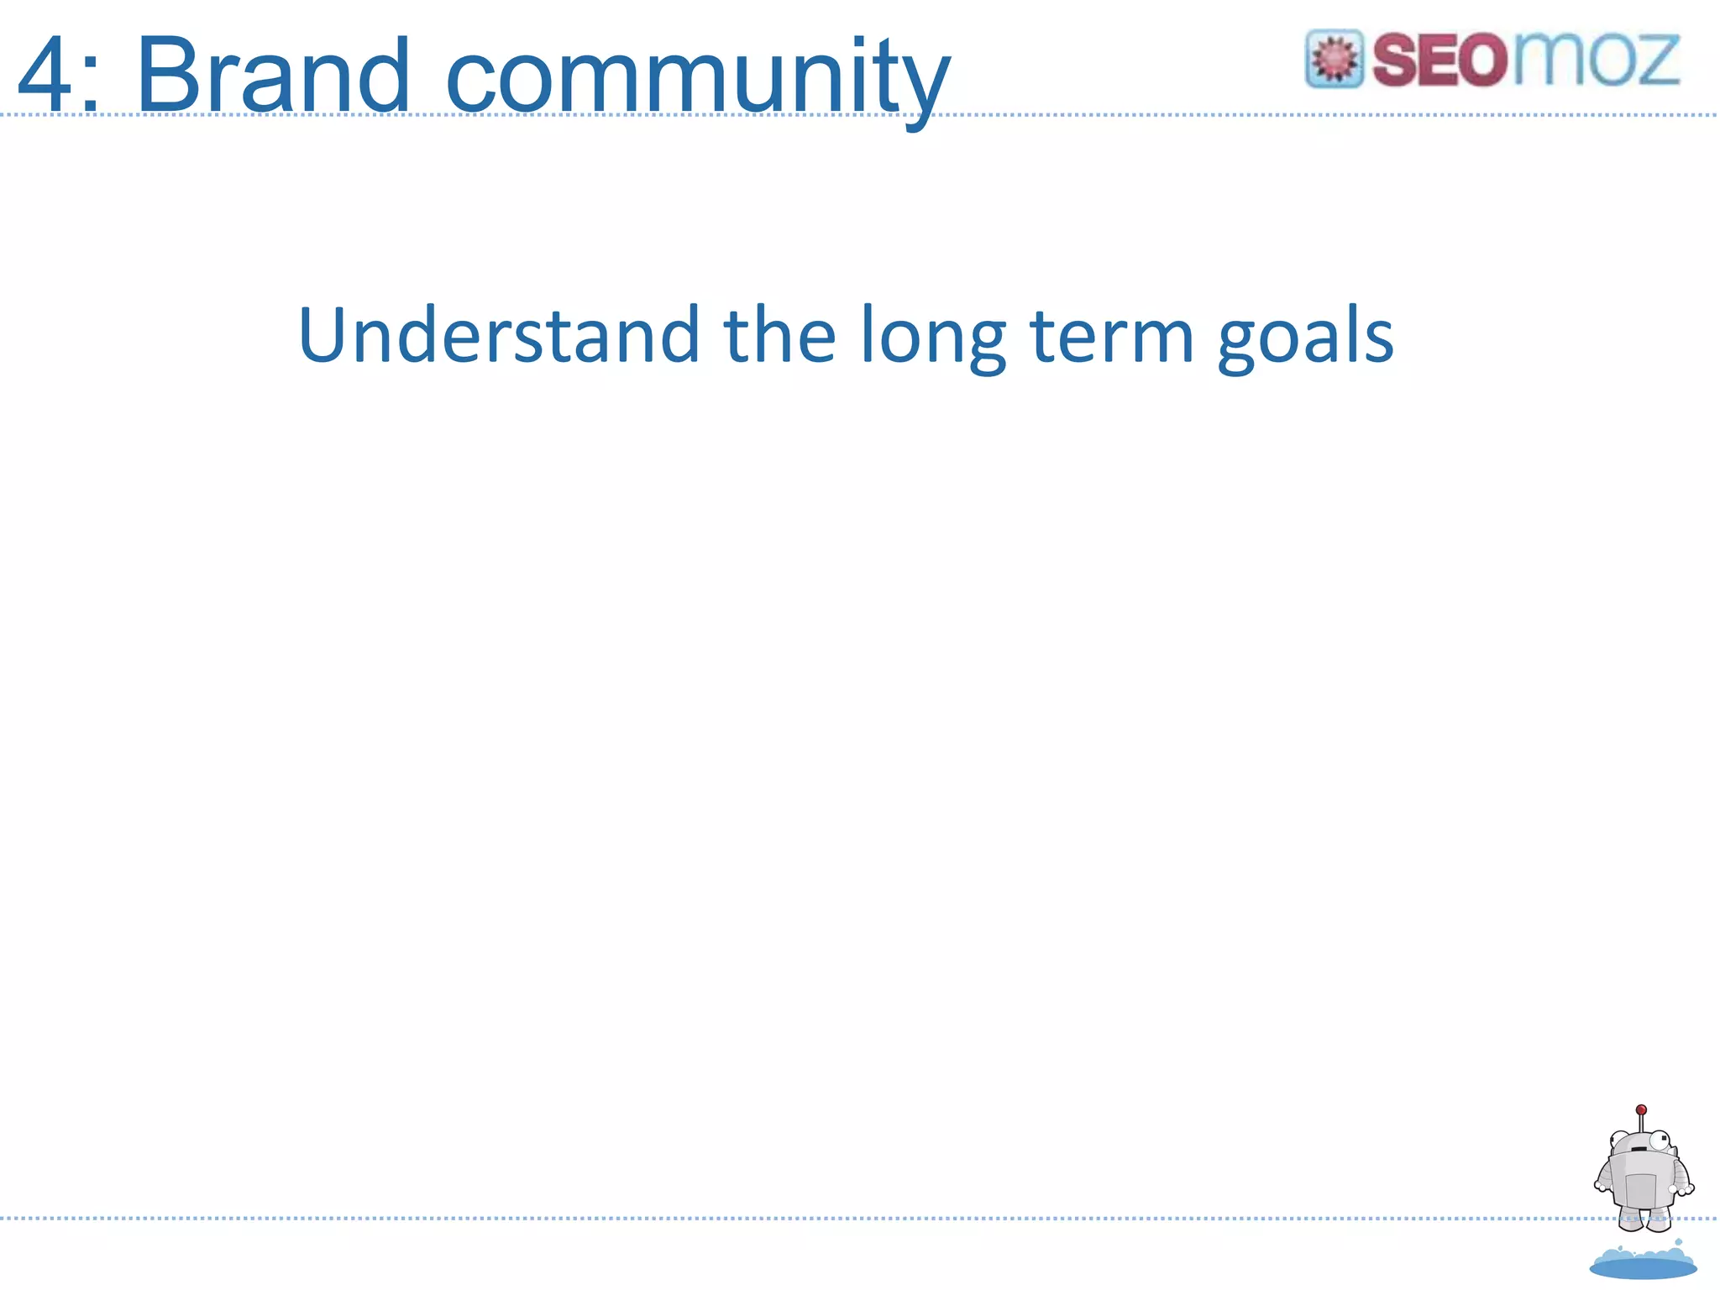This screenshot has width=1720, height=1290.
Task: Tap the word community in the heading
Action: click(x=697, y=80)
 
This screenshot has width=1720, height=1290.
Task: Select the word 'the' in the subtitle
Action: click(x=779, y=335)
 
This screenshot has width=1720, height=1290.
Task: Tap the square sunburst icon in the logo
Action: click(x=1334, y=59)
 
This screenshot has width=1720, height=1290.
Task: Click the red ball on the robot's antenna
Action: click(x=1641, y=1109)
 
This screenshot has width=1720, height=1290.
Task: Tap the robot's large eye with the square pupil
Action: click(x=1660, y=1141)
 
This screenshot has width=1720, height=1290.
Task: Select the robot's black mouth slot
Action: click(x=1638, y=1149)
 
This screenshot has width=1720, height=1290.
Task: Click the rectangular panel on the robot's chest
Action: click(x=1639, y=1189)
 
